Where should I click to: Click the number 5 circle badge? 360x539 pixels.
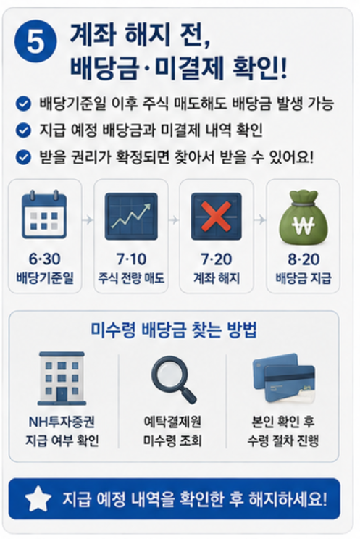35,41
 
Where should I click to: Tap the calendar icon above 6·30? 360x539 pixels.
44,214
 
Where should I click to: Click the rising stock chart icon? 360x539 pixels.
131,216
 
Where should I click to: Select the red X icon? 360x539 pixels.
216,216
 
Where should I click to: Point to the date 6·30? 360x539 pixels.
45,259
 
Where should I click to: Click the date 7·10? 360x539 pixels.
131,259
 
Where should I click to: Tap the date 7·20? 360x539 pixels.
217,259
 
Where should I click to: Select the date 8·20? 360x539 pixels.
304,259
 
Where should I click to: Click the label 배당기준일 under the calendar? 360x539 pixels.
45,277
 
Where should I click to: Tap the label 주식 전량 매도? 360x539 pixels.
131,277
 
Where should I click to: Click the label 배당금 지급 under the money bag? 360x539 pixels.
304,277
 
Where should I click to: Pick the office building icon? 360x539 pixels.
62,378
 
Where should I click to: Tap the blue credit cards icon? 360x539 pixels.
284,378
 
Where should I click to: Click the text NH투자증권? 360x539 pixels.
62,422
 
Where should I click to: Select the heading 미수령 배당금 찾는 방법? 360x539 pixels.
174,330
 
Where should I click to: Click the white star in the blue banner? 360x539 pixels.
38,498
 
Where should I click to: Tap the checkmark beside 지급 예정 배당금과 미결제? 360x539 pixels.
23,130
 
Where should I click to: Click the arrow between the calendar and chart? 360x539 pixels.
88,220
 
